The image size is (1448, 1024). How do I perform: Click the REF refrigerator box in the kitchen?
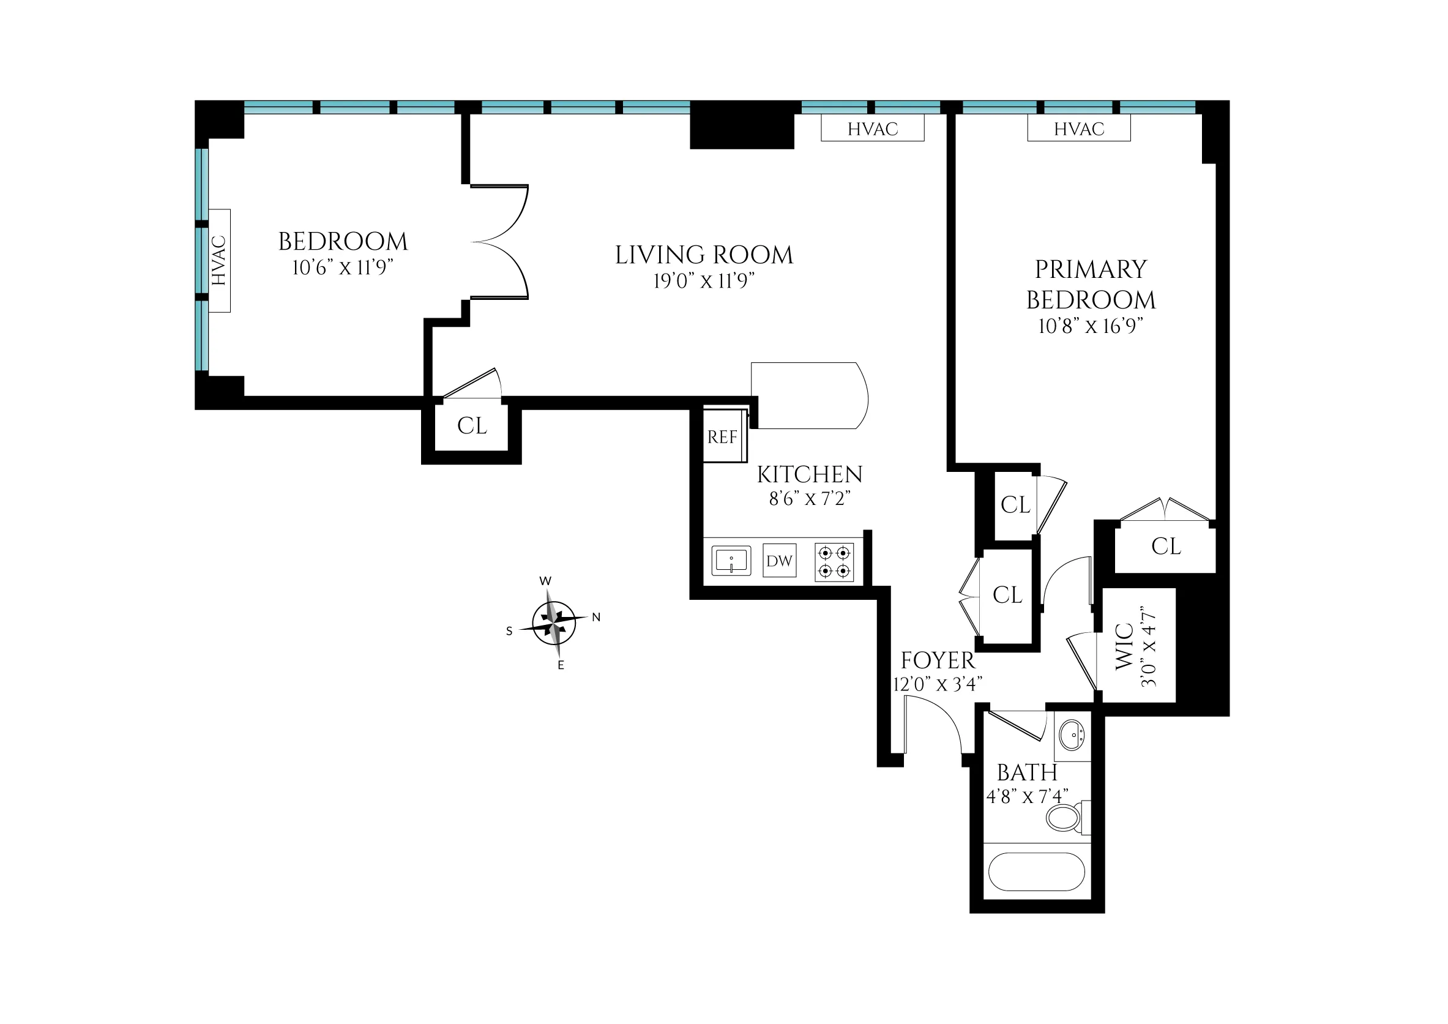(x=724, y=436)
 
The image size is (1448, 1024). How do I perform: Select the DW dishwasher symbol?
(x=780, y=561)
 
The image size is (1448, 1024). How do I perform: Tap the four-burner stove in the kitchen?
(x=834, y=562)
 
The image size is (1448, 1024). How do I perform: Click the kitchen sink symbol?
(x=731, y=561)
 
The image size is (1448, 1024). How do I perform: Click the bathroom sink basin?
(x=1071, y=734)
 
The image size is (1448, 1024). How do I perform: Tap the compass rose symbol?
(x=553, y=622)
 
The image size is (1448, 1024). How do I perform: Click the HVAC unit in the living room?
(x=872, y=129)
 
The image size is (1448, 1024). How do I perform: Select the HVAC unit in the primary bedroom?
(x=1078, y=129)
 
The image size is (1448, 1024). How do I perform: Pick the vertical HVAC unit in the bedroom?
(x=219, y=260)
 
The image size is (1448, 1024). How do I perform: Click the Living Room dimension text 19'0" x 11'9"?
(x=703, y=280)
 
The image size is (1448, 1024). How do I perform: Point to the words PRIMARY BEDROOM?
(x=1091, y=285)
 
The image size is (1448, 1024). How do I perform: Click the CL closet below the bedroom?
(x=472, y=426)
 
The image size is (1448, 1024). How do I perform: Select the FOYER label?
(x=937, y=661)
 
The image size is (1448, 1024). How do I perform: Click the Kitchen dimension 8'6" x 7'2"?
(x=809, y=499)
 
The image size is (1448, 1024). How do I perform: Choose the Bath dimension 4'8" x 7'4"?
(x=1027, y=797)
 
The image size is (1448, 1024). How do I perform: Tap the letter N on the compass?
(x=596, y=618)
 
